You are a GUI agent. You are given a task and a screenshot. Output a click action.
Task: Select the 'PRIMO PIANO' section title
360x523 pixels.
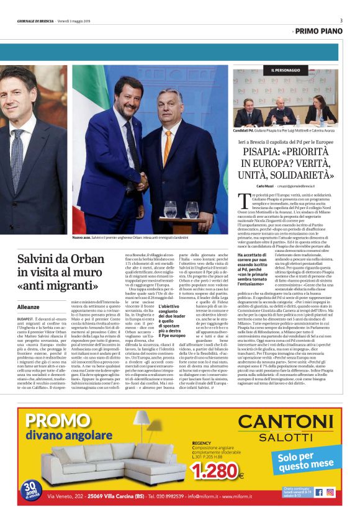(319, 30)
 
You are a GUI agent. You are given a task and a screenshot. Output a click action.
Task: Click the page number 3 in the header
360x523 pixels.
(341, 20)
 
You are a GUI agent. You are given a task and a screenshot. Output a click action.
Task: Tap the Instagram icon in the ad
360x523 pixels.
(330, 492)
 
